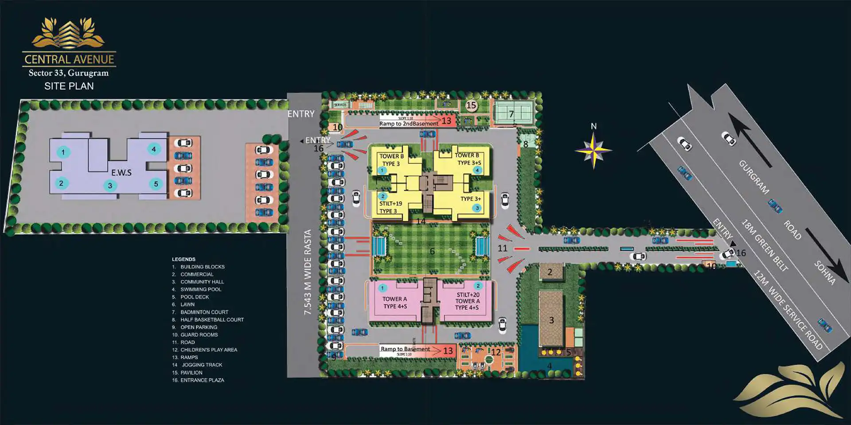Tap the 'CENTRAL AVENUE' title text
click(70, 59)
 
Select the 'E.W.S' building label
click(121, 173)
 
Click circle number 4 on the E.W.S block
click(154, 149)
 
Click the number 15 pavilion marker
click(471, 105)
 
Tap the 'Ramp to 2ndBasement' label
click(409, 124)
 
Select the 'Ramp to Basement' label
click(405, 349)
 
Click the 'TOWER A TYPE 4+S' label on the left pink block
click(395, 302)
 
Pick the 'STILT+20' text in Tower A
click(468, 294)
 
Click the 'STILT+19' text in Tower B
click(390, 204)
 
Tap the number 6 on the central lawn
click(432, 251)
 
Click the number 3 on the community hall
click(551, 320)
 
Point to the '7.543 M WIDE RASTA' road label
click(308, 272)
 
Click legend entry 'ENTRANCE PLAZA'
click(202, 380)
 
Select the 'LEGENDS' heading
click(183, 259)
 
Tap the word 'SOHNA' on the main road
click(825, 272)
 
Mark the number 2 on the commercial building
click(550, 272)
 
